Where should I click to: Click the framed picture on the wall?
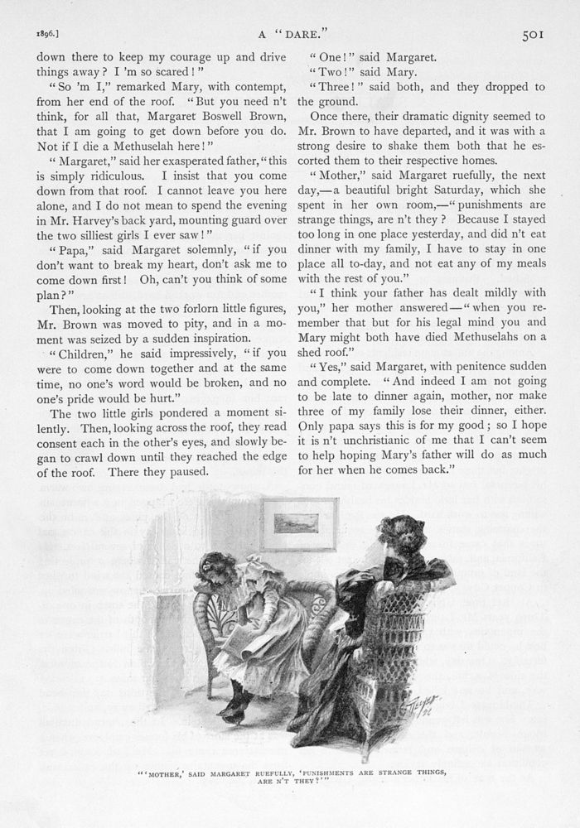(x=298, y=524)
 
